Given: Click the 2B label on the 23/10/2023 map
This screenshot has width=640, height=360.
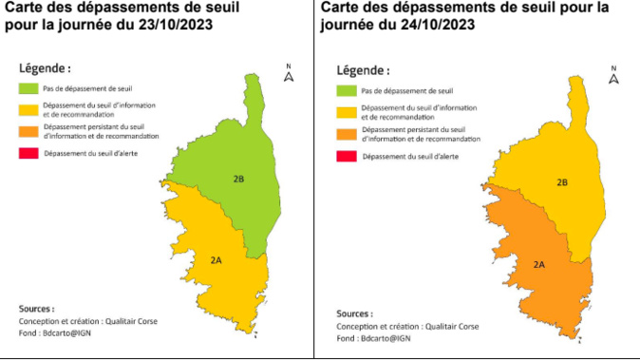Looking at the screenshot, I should (239, 179).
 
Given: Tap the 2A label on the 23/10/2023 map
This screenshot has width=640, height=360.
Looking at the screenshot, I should (217, 258).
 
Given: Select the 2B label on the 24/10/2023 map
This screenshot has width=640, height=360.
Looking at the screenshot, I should (561, 181).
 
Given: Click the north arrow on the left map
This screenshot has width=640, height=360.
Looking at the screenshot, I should (289, 74).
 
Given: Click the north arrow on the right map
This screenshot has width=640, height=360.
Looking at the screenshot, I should (613, 77).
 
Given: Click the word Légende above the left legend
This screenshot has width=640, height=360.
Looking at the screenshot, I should (44, 68).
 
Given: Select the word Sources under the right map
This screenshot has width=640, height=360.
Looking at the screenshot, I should (354, 313).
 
